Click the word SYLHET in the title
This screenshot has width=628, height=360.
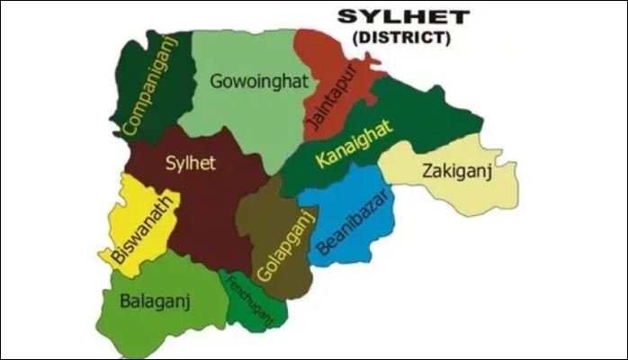coord(391,18)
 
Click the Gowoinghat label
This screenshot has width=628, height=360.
coord(259,82)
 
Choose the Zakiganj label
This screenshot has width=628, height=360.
coord(456,171)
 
